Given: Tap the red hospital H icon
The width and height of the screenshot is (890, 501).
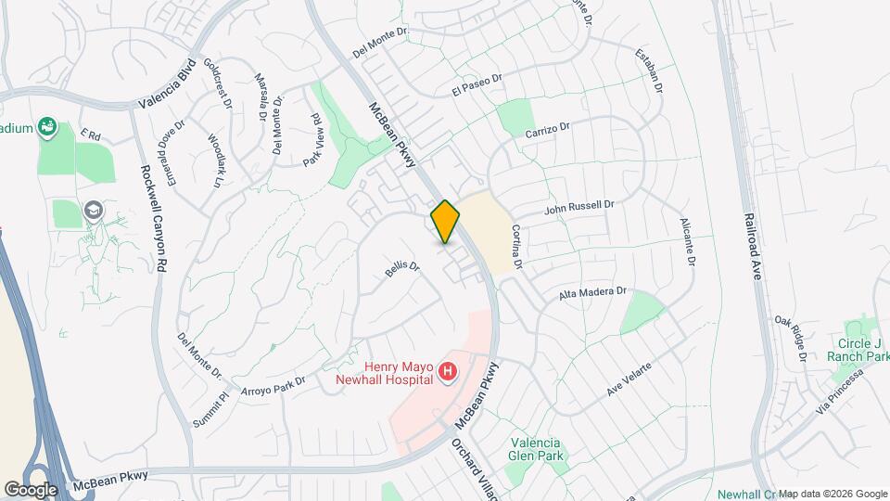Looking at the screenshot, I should (448, 373).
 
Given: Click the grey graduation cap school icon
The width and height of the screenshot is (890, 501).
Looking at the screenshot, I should (93, 211).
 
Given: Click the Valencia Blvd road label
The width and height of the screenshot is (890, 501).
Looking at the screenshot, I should (167, 84).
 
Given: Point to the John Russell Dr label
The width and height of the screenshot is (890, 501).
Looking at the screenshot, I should (579, 208).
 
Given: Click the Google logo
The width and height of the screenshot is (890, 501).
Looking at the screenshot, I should (31, 489).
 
